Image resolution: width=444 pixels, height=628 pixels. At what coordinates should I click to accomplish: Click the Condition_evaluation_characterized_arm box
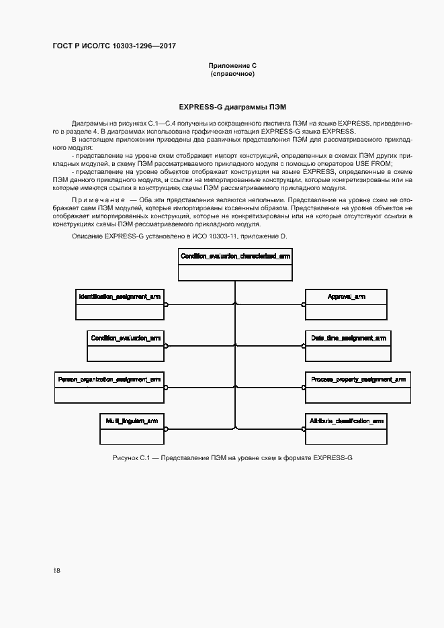click(x=235, y=265)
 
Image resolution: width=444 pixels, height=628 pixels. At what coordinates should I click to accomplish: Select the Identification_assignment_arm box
click(x=119, y=304)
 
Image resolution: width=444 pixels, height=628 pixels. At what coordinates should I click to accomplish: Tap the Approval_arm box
click(x=346, y=304)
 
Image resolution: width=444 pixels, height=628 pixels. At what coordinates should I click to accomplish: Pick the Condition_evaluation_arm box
click(x=126, y=346)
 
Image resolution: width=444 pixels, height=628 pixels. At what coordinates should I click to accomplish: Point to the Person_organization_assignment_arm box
click(x=109, y=387)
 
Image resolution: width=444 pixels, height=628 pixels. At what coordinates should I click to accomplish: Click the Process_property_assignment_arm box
click(x=357, y=387)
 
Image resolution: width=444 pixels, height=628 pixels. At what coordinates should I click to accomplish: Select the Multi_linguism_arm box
click(x=132, y=428)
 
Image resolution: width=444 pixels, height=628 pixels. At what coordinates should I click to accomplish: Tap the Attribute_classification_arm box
click(x=346, y=428)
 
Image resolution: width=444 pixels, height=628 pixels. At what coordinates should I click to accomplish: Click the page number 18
click(x=56, y=570)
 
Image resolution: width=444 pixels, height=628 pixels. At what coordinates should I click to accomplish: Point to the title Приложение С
click(x=232, y=65)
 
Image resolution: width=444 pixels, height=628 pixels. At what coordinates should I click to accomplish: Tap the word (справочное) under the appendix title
click(x=232, y=73)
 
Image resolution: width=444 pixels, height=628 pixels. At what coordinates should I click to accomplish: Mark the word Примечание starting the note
click(x=99, y=201)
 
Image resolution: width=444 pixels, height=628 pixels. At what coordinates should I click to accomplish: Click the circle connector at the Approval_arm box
click(x=304, y=304)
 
